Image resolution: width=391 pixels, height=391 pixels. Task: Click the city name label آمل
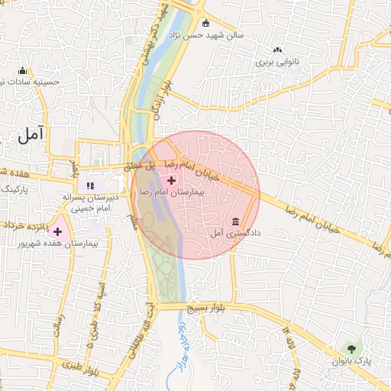click(x=31, y=134)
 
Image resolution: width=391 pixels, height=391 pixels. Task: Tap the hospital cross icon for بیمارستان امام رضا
click(x=170, y=180)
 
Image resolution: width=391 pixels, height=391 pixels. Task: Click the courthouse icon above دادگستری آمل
click(x=234, y=221)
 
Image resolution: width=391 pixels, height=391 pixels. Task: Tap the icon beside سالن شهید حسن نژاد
click(x=205, y=22)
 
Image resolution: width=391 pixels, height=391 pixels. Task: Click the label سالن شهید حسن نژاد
click(x=238, y=34)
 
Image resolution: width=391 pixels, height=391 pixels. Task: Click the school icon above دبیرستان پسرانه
click(x=90, y=185)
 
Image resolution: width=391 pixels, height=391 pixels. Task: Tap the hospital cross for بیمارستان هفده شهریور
click(x=57, y=231)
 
